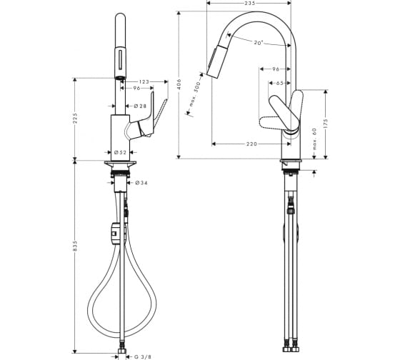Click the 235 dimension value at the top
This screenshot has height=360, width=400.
point(249,3)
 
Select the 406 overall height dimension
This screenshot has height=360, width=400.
point(179,84)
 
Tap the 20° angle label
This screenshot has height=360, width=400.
point(258,43)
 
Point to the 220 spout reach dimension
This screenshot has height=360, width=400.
point(251,144)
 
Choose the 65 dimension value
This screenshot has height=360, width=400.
point(279,83)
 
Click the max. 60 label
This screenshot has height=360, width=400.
point(314,139)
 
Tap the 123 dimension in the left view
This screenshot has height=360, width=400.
point(144,82)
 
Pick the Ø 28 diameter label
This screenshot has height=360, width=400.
point(140,106)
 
